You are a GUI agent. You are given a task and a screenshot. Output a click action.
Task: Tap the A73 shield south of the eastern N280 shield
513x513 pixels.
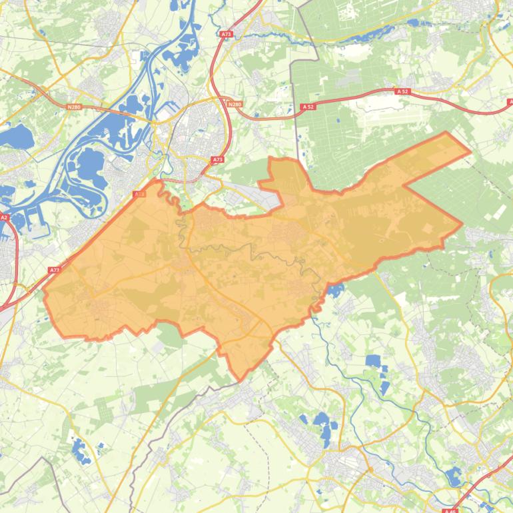click(x=218, y=160)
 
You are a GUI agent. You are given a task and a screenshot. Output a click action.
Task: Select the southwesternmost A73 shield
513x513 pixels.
click(x=55, y=270)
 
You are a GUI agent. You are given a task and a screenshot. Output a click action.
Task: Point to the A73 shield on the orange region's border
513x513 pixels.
click(x=139, y=194)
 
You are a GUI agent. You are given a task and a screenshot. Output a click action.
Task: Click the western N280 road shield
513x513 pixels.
click(x=74, y=106)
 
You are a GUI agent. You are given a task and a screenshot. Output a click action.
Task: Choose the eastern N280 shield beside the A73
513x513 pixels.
click(x=234, y=105)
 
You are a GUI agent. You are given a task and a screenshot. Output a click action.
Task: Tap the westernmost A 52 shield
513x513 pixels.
click(x=307, y=107)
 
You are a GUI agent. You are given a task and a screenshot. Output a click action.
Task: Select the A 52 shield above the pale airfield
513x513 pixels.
click(x=401, y=91)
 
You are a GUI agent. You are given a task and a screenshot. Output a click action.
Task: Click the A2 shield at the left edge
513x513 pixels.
click(x=4, y=217)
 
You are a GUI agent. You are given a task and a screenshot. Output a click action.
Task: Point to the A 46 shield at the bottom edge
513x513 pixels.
click(x=452, y=510)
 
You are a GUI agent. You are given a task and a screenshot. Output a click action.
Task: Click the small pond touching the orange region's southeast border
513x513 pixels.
click(x=334, y=290)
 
